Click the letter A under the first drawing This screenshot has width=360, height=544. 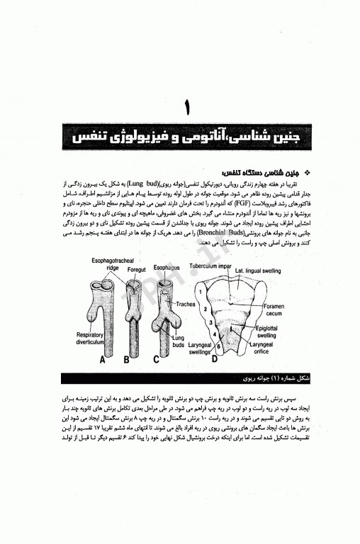[x=104, y=358]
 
